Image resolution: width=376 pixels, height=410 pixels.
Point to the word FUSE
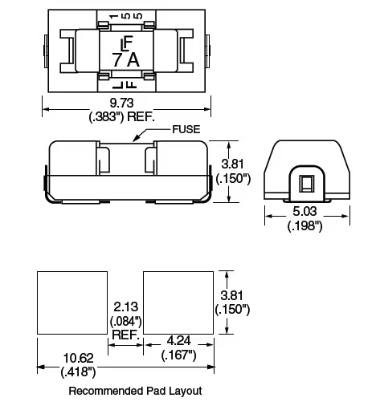(186, 129)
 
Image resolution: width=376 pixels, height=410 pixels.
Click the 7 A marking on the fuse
(126, 57)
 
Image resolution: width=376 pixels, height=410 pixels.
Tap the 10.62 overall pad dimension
(77, 358)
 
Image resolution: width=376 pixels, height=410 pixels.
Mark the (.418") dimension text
(78, 371)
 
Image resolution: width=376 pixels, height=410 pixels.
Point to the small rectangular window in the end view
(306, 183)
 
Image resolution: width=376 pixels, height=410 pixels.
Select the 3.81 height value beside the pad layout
(232, 295)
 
